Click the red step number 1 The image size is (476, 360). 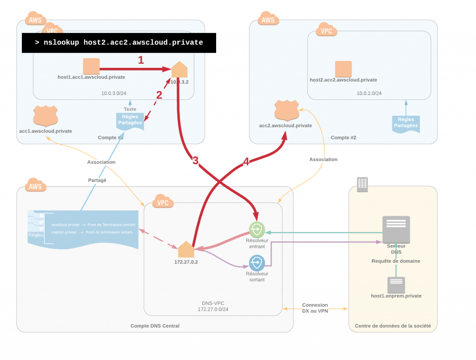[x=141, y=60]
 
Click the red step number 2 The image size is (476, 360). [x=159, y=95]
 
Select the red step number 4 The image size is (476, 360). [x=246, y=162]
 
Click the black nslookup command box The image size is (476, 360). [x=119, y=43]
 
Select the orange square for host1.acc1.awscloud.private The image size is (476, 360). [x=91, y=67]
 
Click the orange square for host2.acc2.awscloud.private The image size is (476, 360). [x=344, y=69]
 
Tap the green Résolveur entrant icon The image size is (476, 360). [x=257, y=230]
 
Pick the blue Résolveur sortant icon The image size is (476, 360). [x=257, y=263]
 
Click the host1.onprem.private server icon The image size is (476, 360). [x=396, y=285]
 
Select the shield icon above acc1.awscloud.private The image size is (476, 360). [x=46, y=116]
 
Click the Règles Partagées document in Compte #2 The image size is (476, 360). [x=406, y=123]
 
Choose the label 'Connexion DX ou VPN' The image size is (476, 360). [x=315, y=308]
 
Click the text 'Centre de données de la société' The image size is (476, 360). [x=393, y=326]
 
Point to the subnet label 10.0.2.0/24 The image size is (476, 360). [x=369, y=93]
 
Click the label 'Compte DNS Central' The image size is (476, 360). [x=155, y=326]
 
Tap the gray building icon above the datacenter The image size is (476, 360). [x=362, y=184]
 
